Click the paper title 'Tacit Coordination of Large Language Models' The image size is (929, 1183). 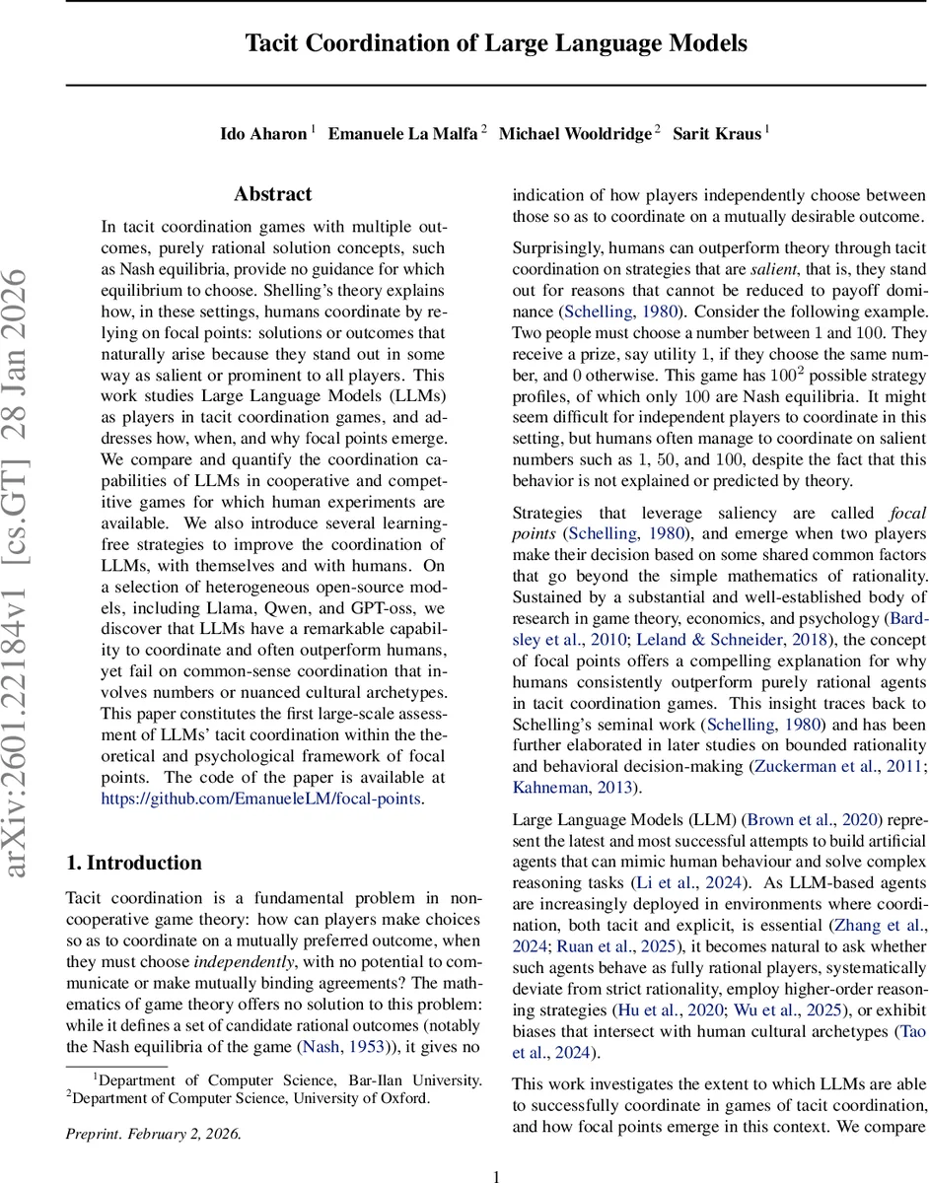pos(496,44)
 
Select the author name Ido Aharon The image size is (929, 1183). pos(263,134)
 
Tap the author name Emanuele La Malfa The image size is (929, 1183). pos(402,134)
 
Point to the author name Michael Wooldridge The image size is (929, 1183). pos(575,134)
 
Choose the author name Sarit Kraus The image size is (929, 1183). pos(717,134)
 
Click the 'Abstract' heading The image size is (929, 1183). pos(272,194)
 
